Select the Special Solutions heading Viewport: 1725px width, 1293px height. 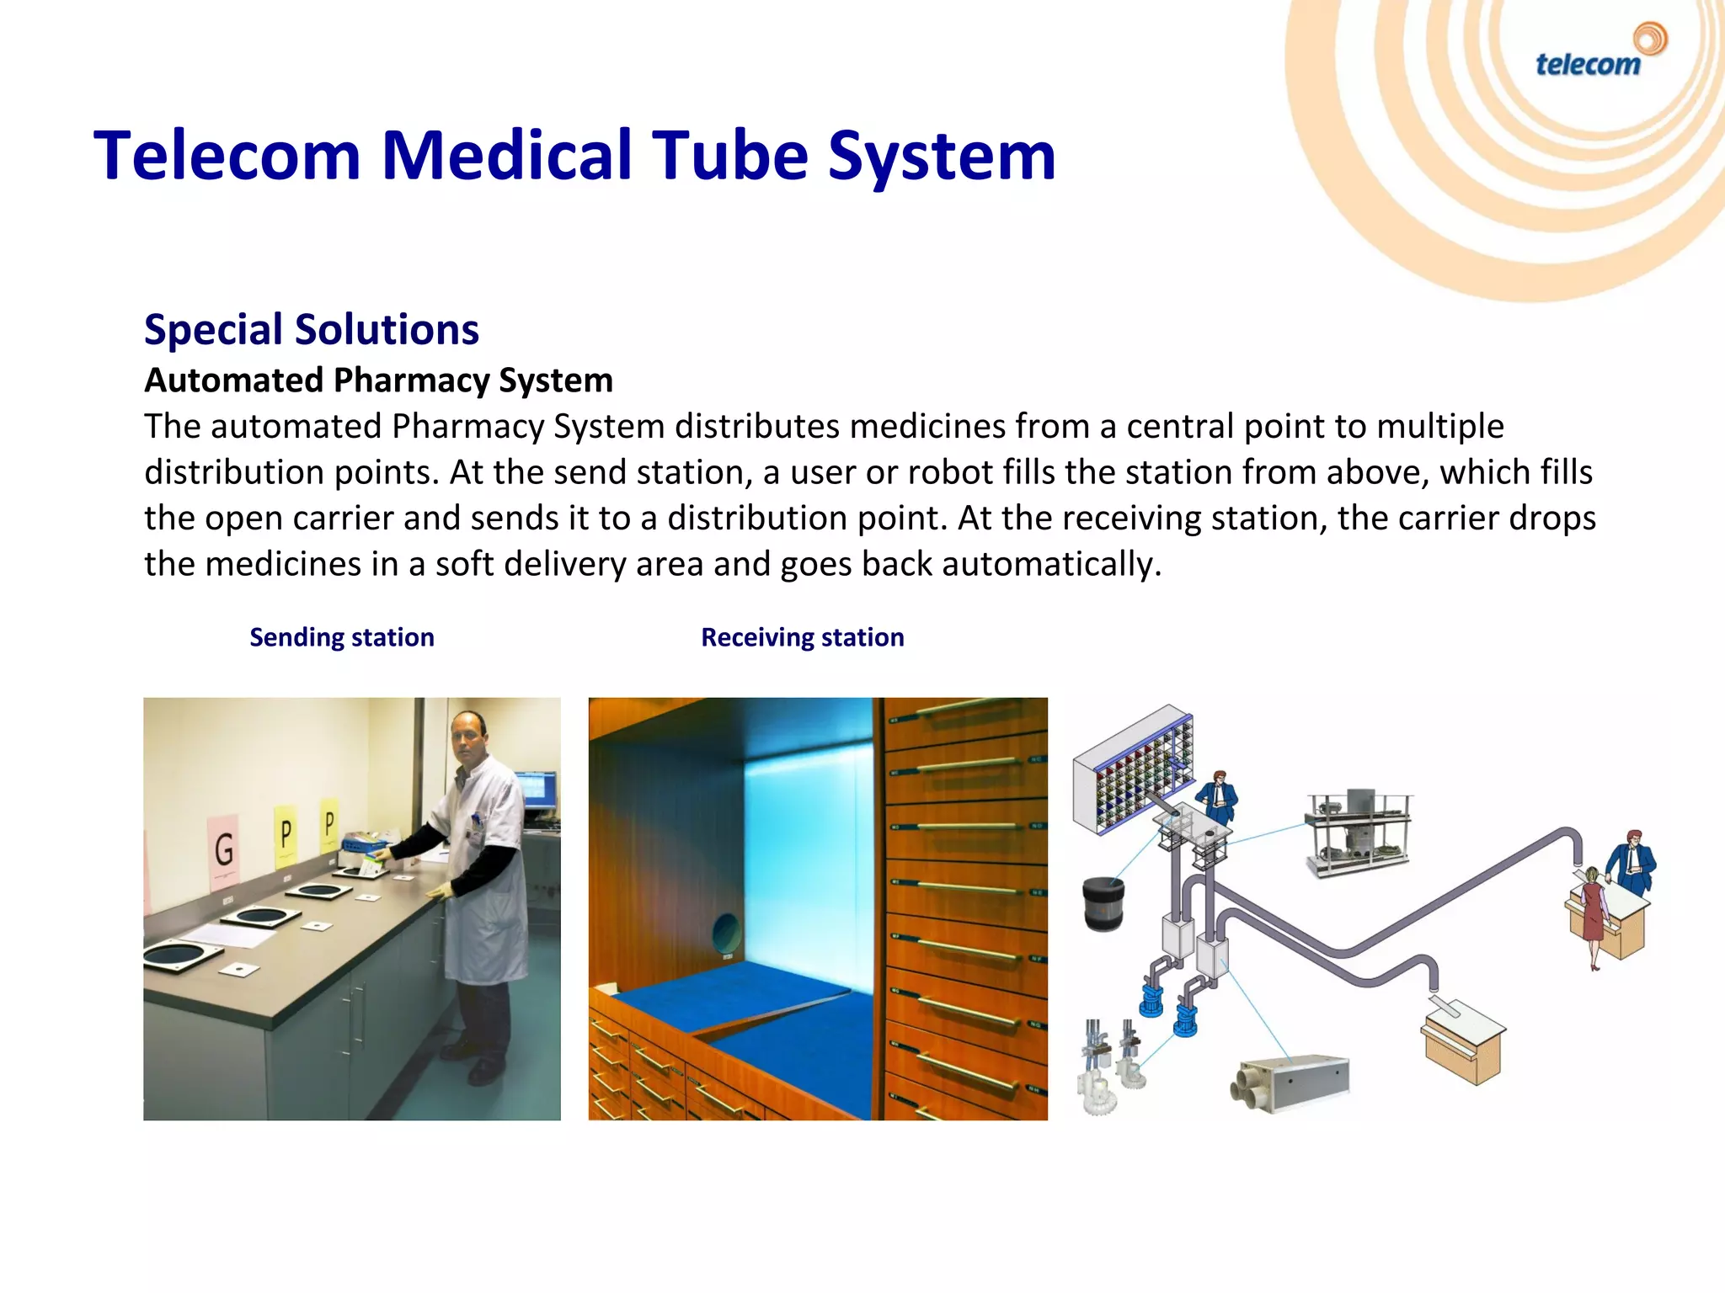311,329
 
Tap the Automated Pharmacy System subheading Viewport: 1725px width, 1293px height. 378,380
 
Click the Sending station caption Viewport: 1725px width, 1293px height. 341,637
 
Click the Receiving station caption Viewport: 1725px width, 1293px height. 802,637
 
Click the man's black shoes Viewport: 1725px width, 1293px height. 476,1062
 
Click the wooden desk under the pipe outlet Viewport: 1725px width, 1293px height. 1464,1044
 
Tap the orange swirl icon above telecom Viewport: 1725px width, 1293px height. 1649,38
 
